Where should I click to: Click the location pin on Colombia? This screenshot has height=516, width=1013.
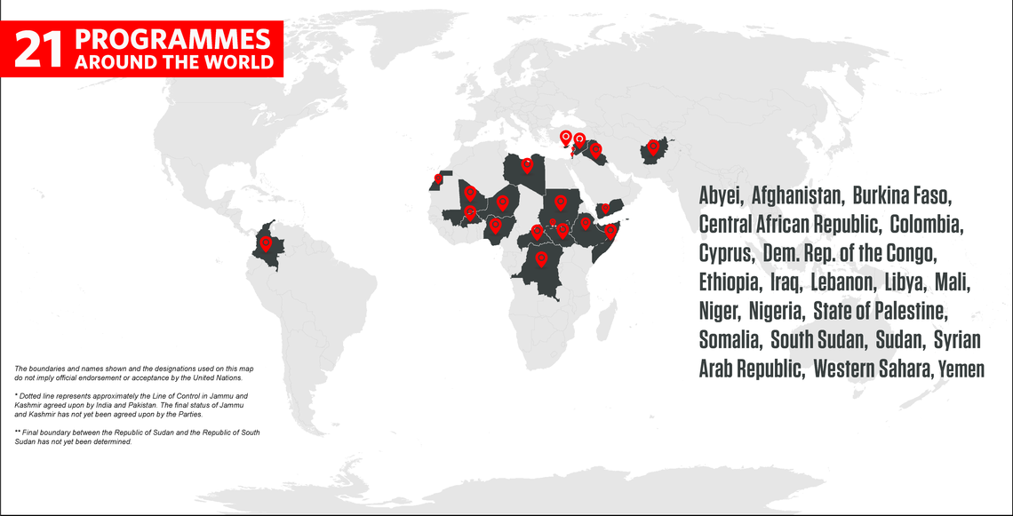pyautogui.click(x=265, y=242)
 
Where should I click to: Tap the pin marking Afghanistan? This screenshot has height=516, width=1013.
pyautogui.click(x=654, y=147)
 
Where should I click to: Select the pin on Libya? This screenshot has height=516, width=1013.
pyautogui.click(x=527, y=163)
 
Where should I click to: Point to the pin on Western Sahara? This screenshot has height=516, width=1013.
pyautogui.click(x=436, y=179)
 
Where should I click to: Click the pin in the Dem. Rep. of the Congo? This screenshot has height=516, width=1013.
pyautogui.click(x=541, y=259)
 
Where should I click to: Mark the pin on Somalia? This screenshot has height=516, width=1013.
pyautogui.click(x=611, y=231)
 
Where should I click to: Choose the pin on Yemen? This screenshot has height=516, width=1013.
pyautogui.click(x=605, y=210)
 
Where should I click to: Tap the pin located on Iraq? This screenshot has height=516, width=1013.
pyautogui.click(x=596, y=149)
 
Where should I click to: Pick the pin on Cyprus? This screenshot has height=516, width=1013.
pyautogui.click(x=565, y=137)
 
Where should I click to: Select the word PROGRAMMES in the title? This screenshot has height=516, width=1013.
pyautogui.click(x=172, y=40)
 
